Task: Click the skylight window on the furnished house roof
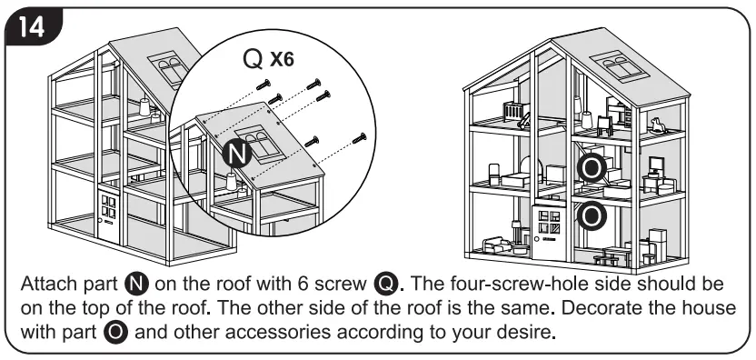622,71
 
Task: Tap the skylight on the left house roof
170,69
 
